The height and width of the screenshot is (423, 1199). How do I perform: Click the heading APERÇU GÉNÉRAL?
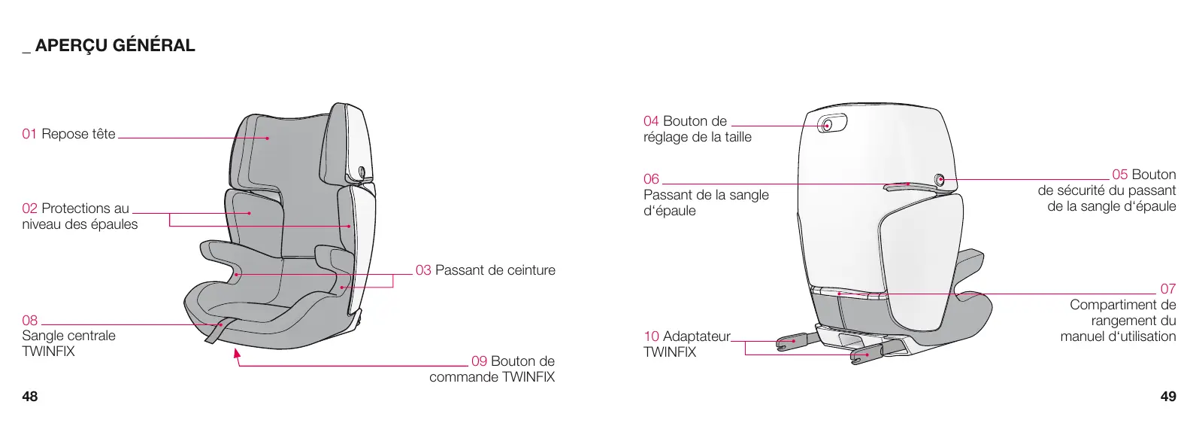click(x=114, y=46)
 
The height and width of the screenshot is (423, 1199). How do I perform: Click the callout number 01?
click(x=29, y=134)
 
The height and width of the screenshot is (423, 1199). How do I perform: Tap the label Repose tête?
click(x=79, y=134)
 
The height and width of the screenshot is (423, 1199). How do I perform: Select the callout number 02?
click(x=29, y=208)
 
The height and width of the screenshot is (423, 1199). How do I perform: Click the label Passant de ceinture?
click(x=495, y=270)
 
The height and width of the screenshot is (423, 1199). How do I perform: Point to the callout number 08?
click(x=29, y=320)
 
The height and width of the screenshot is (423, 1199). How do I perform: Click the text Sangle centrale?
click(x=68, y=336)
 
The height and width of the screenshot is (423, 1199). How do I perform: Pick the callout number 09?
click(x=479, y=361)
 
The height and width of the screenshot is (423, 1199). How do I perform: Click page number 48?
click(x=30, y=397)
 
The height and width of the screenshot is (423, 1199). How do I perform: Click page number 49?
click(x=1168, y=397)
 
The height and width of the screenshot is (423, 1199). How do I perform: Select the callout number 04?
click(x=651, y=121)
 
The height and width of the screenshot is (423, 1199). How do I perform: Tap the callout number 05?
click(x=1120, y=175)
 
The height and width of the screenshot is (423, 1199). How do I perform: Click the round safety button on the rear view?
click(x=940, y=179)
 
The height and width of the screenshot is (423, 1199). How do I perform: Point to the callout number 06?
click(x=651, y=179)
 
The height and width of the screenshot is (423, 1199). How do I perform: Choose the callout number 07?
click(x=1167, y=289)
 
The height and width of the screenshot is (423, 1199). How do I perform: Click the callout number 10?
click(x=651, y=336)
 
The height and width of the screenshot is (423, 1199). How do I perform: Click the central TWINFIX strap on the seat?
click(x=216, y=331)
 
